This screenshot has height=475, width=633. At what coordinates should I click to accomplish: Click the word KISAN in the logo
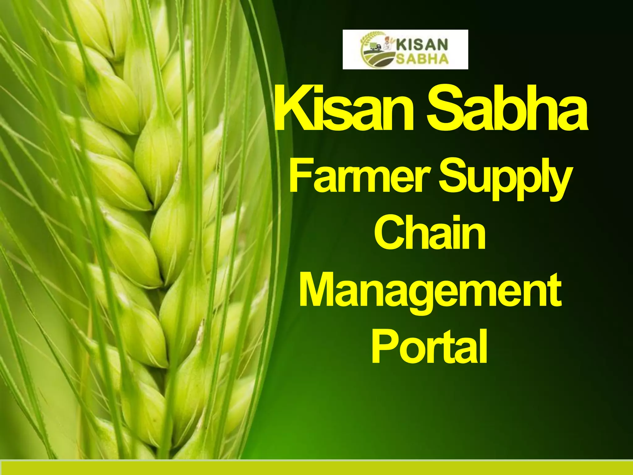tap(422, 45)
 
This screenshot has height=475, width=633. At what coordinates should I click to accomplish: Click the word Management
tap(430, 291)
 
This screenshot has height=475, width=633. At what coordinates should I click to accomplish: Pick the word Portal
tap(429, 346)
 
